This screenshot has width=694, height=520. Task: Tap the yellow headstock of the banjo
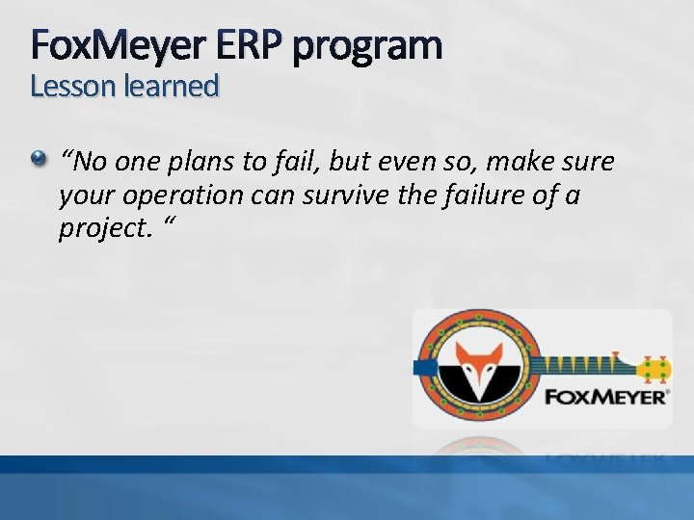tap(654, 367)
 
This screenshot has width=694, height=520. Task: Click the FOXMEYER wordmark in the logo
tap(605, 395)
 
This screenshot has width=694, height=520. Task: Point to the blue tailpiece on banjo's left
tap(421, 367)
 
